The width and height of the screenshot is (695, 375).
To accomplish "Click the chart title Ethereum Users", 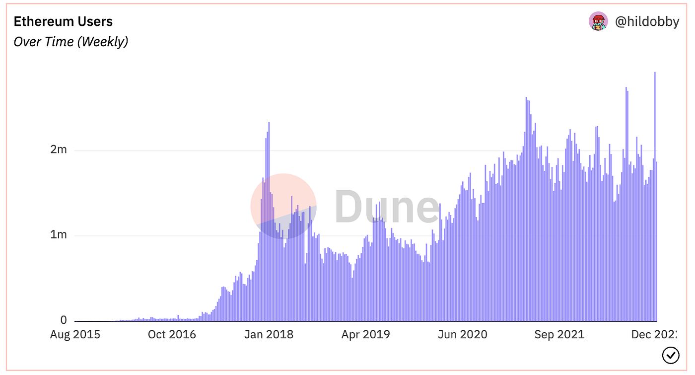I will click(x=63, y=22).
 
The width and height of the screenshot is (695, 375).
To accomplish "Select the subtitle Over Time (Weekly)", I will click(x=70, y=42).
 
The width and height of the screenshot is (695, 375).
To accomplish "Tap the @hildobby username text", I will click(x=647, y=22).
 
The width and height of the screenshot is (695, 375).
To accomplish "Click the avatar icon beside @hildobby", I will click(x=598, y=21).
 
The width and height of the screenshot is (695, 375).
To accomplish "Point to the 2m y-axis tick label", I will click(x=59, y=150).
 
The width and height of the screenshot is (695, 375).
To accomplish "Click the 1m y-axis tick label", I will click(x=59, y=235).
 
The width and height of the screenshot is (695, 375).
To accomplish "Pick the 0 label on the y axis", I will click(x=64, y=320).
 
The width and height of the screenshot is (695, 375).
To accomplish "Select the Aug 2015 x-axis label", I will click(x=75, y=335).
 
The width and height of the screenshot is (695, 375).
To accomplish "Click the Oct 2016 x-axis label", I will click(x=172, y=335).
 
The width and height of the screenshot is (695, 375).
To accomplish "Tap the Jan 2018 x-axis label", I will click(x=269, y=335).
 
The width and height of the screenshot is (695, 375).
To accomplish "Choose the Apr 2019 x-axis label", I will click(x=365, y=335).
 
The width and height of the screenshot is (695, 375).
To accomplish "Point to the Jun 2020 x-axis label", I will click(x=462, y=335).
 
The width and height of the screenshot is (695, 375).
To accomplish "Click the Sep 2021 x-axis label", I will click(x=559, y=335).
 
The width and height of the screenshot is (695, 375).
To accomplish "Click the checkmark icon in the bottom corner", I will click(x=671, y=355).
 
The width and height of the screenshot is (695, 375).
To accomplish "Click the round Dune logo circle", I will click(x=283, y=206).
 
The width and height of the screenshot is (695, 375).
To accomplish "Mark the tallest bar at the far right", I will click(x=655, y=199).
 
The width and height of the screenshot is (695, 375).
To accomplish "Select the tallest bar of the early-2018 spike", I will click(x=269, y=224).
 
